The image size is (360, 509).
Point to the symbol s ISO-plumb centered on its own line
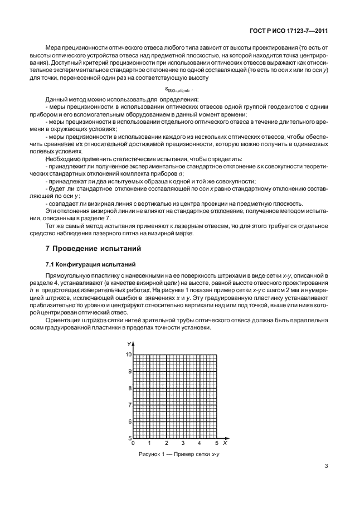click(x=179, y=90)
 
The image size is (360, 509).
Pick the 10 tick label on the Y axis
click(x=128, y=355)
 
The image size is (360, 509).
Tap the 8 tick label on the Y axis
click(x=130, y=388)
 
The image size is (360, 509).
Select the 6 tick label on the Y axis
click(x=130, y=421)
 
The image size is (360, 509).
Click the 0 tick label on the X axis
click(x=133, y=443)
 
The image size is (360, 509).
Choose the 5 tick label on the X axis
click(x=216, y=443)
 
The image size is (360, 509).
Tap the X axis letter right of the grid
click(x=225, y=443)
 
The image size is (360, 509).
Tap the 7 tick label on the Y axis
click(x=130, y=405)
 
